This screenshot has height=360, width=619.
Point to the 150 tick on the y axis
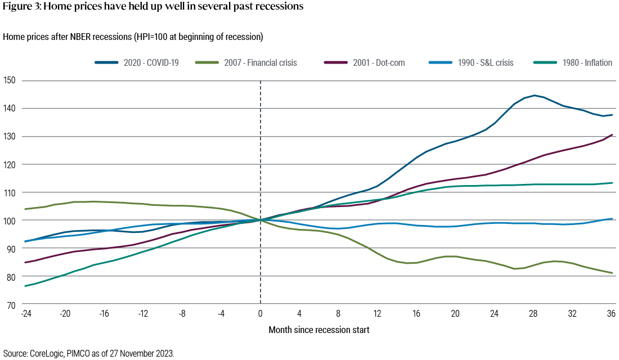pos(10,80)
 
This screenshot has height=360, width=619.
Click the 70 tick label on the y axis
pos(11,305)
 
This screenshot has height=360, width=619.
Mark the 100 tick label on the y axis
pos(10,220)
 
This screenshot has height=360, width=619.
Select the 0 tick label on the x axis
pos(260,313)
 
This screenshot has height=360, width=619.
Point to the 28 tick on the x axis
pos(533,313)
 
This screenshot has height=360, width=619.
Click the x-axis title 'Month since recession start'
pos(319,330)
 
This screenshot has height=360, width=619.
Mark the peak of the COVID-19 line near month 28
pos(533,96)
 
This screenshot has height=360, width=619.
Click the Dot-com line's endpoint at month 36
pos(612,135)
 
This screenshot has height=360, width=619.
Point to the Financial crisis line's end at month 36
pos(612,273)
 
